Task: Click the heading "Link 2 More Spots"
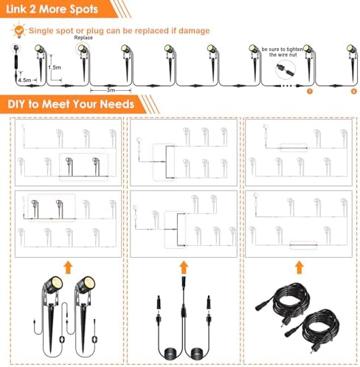46,10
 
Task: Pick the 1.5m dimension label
54,66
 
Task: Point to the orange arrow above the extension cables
299,264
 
